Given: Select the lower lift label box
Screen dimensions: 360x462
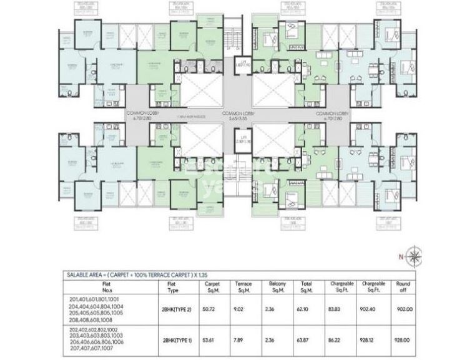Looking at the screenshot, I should point(240,140).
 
